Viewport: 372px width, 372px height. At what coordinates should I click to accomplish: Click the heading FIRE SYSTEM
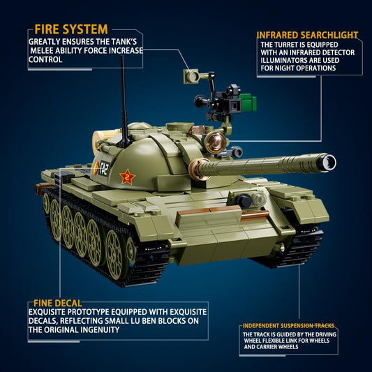click(x=71, y=29)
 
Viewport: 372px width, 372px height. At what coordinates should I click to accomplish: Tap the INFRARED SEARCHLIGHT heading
click(x=307, y=35)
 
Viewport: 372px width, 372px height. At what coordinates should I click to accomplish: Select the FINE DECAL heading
click(x=58, y=303)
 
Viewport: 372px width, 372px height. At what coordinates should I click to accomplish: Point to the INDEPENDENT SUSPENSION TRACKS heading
click(x=288, y=325)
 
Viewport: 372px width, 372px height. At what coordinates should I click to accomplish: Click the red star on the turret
click(x=128, y=177)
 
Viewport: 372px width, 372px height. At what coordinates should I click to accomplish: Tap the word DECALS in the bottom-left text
click(x=43, y=321)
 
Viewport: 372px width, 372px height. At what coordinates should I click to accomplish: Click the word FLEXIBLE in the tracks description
click(x=280, y=341)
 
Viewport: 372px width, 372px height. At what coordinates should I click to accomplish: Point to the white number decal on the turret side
click(x=103, y=168)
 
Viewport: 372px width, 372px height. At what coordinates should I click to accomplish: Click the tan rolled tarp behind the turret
click(x=99, y=141)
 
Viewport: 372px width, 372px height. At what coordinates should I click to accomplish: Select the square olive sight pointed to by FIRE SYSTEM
click(x=191, y=76)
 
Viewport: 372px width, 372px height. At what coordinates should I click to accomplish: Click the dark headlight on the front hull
click(x=244, y=201)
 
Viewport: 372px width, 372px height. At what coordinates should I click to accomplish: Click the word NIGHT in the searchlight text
click(x=285, y=68)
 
